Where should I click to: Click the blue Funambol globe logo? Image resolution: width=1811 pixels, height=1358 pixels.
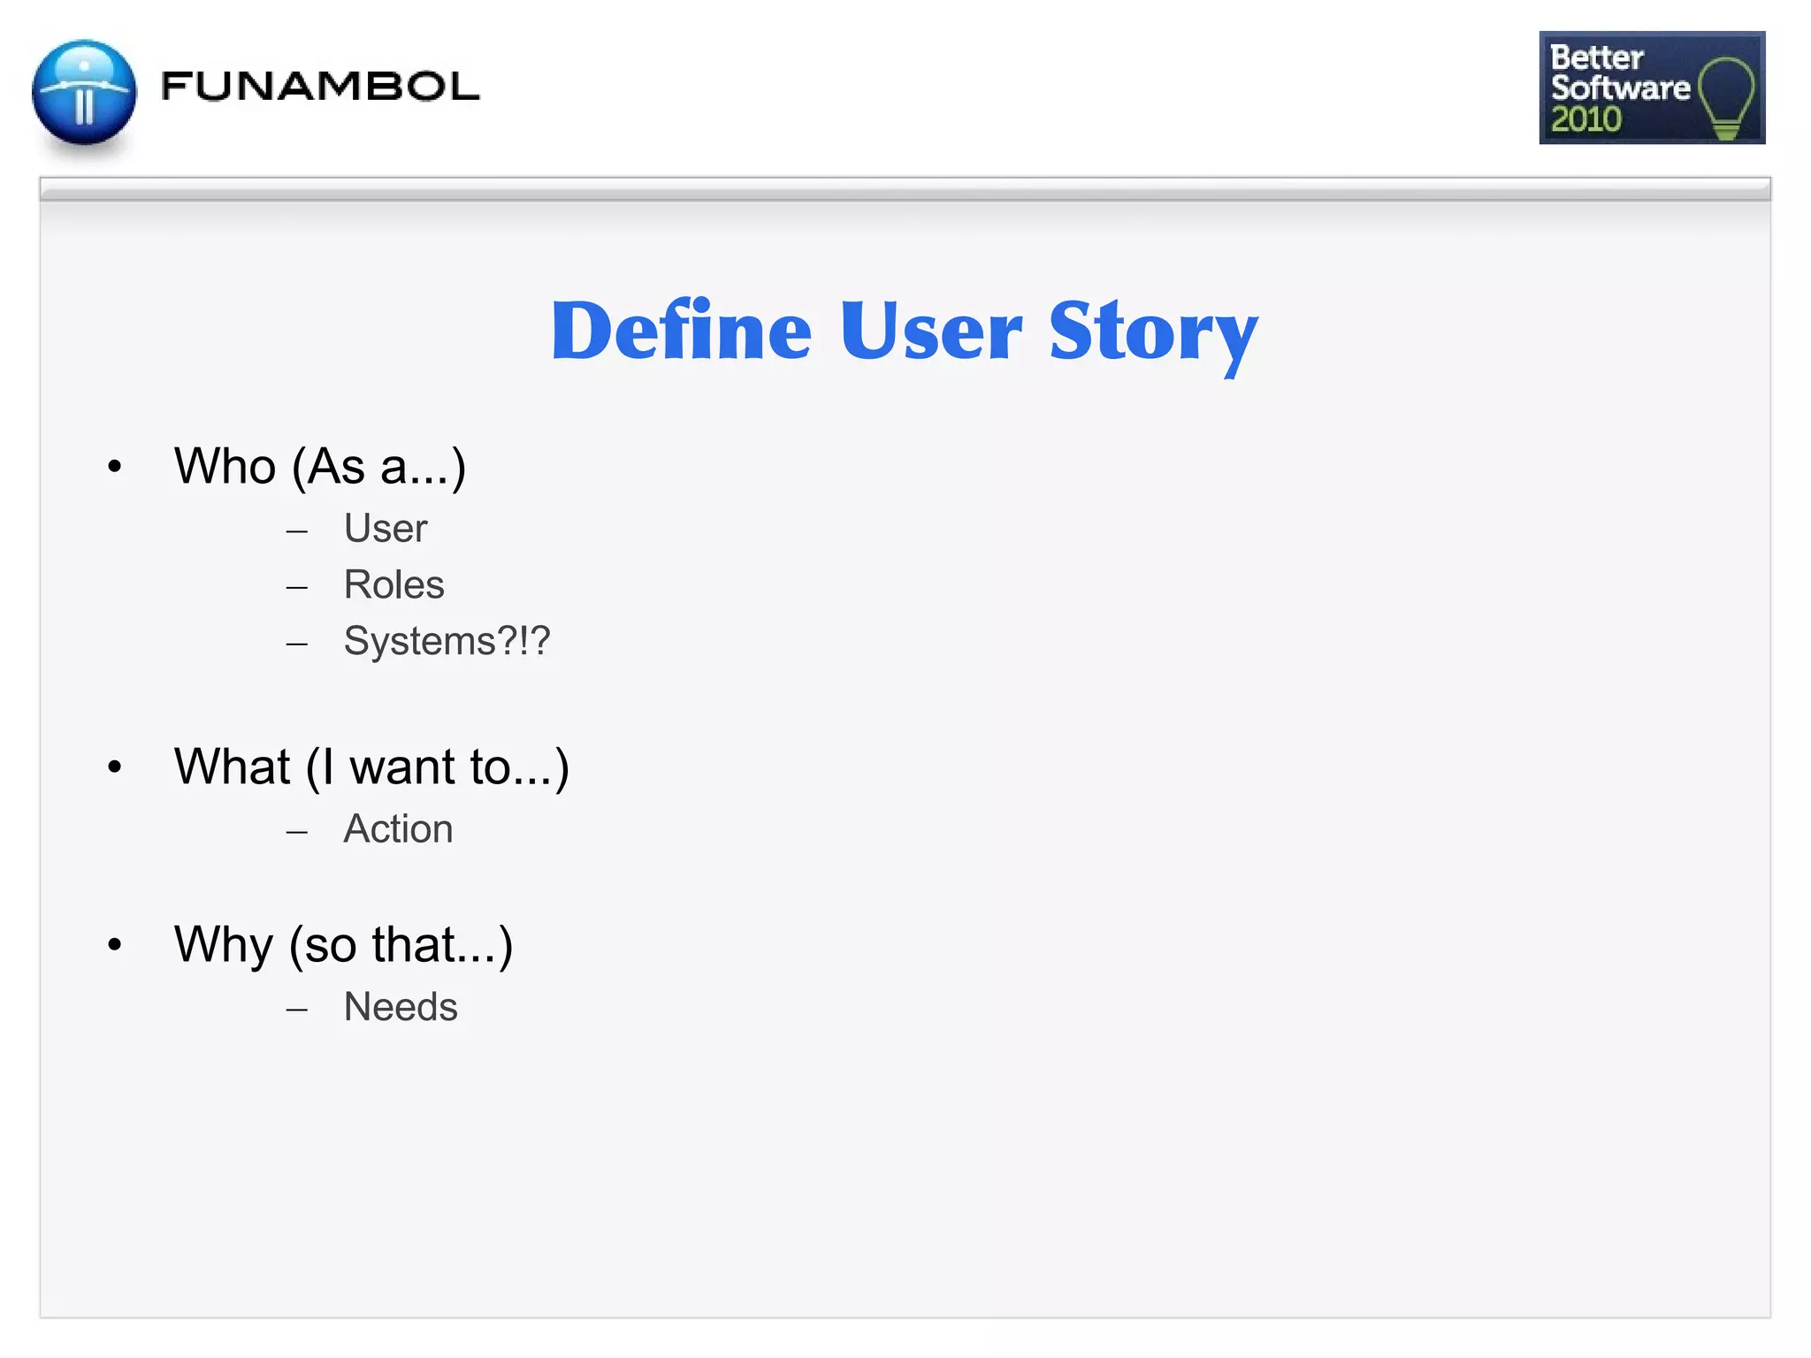pos(84,92)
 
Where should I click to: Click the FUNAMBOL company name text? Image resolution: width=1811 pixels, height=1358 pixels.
pos(320,87)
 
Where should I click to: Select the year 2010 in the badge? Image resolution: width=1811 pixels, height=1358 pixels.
pos(1586,119)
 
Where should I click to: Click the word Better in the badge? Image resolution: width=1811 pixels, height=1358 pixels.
pos(1596,57)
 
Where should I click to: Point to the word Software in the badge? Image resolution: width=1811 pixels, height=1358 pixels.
pos(1620,88)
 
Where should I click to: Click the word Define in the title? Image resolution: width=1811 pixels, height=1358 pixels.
pos(681,331)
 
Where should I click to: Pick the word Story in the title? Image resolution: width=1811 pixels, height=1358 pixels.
pos(1153,332)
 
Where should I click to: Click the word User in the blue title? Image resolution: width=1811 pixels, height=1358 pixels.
pos(930,331)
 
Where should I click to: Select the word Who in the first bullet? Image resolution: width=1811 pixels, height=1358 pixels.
pos(225,466)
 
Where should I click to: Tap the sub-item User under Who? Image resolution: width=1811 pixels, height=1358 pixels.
pos(386,529)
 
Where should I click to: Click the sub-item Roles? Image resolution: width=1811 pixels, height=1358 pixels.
pos(394,584)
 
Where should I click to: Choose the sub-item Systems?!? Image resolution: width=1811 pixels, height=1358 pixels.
pos(447,641)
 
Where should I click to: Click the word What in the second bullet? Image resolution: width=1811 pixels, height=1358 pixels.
pos(232,766)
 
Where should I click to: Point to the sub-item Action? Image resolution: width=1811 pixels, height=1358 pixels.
pos(398,829)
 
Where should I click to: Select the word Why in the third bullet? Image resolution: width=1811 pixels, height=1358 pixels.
pos(223,944)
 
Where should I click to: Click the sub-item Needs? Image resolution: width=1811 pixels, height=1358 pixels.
pos(401,1007)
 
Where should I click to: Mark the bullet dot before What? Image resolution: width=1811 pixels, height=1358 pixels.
pos(114,767)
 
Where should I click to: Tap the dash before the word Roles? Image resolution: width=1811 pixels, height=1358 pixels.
pos(297,587)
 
